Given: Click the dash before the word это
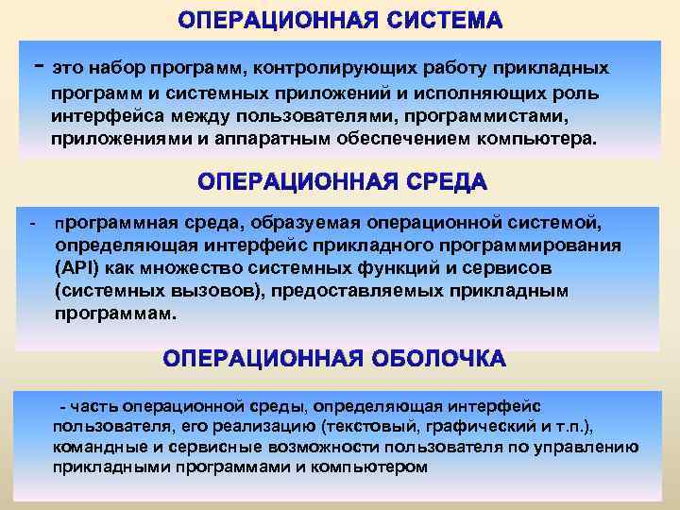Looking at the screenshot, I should click(x=37, y=64).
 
